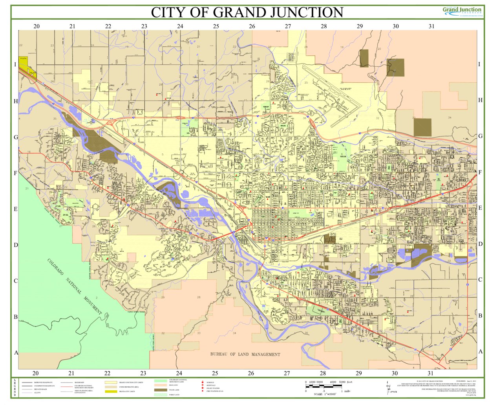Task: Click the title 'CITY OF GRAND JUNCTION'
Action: click(x=247, y=12)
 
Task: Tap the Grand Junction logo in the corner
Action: click(x=462, y=11)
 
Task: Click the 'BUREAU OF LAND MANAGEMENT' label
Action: click(x=245, y=354)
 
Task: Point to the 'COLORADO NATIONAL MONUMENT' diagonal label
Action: click(x=74, y=287)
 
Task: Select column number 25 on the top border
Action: click(x=216, y=26)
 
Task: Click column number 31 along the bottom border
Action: click(x=430, y=373)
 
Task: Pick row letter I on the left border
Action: click(x=16, y=64)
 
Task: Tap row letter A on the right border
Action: click(x=480, y=352)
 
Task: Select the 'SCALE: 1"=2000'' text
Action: click(x=325, y=394)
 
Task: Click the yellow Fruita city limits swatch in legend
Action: click(x=111, y=392)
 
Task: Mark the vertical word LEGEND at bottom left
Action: click(x=15, y=388)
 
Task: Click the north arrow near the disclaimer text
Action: click(x=388, y=386)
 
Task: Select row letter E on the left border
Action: click(x=16, y=209)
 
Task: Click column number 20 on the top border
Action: click(x=36, y=26)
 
